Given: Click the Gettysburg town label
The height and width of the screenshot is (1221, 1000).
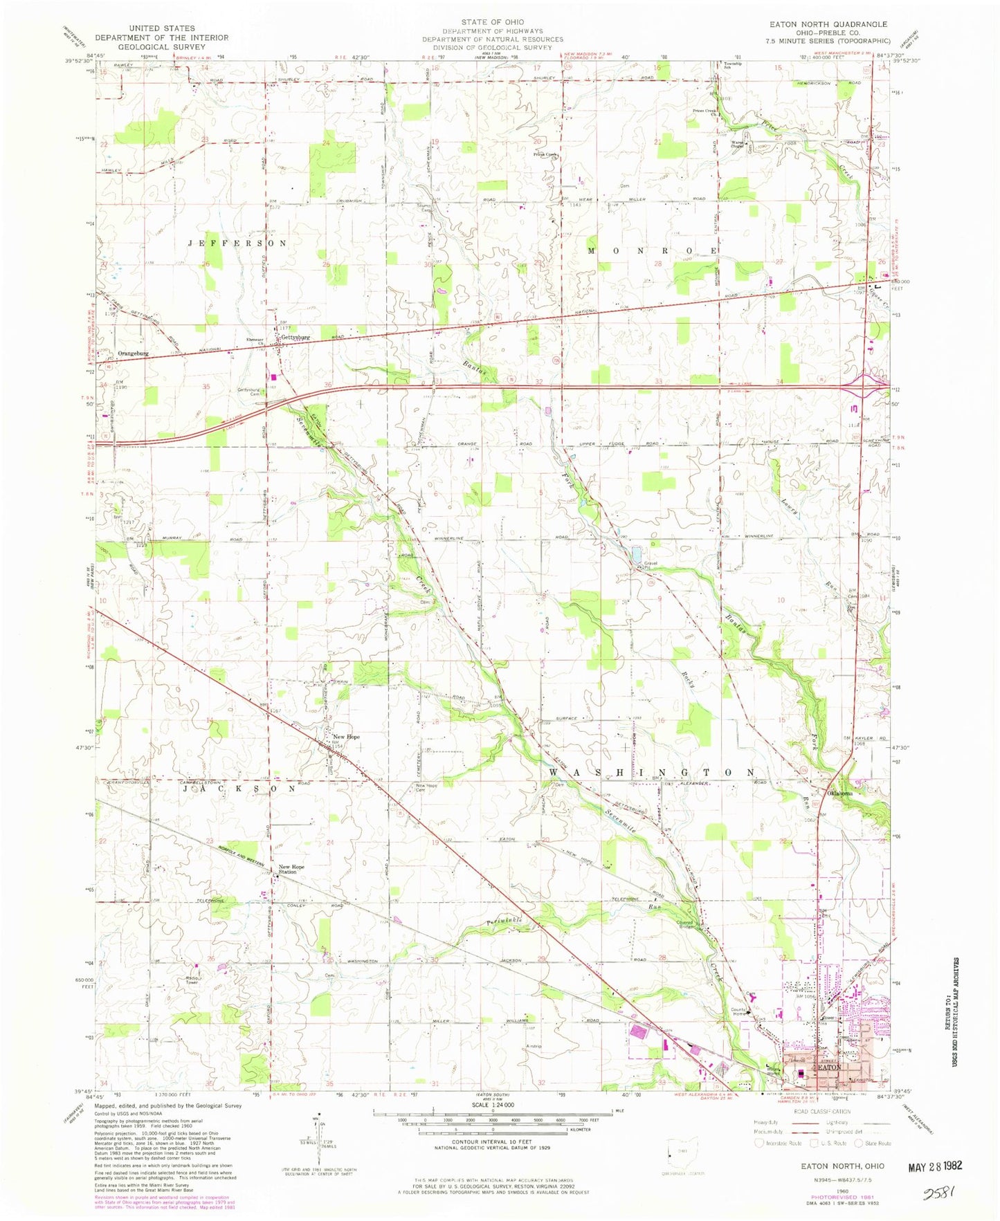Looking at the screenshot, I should [295, 338].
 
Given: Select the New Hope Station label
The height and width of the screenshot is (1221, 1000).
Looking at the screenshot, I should [291, 869].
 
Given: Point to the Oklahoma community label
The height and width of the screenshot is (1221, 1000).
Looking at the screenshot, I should [837, 793].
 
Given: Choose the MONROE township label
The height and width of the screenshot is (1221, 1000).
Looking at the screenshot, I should [652, 250].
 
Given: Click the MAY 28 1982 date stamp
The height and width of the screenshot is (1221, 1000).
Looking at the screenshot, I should [934, 1166].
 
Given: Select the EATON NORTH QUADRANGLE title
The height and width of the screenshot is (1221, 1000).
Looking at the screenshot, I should [829, 24].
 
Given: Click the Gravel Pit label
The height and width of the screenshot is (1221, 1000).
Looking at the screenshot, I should [650, 565].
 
